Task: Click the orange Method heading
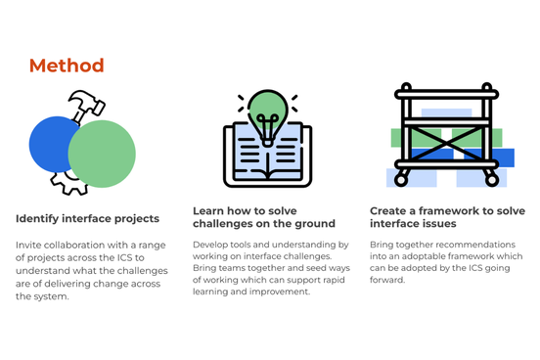(67, 67)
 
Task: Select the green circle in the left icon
(102, 155)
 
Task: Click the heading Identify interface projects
(88, 218)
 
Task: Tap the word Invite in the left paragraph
(29, 244)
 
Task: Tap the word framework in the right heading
(449, 211)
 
